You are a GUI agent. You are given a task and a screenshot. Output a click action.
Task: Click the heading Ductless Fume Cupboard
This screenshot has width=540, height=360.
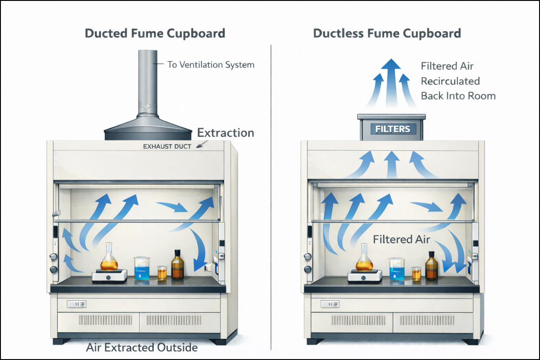387,33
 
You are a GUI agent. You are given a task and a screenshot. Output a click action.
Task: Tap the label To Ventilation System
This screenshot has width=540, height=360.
211,64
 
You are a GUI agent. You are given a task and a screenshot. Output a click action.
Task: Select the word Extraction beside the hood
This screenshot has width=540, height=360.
225,133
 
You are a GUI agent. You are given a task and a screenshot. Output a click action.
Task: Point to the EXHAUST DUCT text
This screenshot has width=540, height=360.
167,146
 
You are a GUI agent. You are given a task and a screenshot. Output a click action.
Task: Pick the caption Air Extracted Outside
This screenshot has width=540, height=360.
141,347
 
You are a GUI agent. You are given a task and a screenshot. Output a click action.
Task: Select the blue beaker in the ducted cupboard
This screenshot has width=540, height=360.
142,269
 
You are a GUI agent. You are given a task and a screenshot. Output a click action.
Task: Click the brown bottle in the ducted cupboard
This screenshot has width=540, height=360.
178,265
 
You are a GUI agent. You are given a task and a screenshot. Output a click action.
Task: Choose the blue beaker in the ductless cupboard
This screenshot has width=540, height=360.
397,270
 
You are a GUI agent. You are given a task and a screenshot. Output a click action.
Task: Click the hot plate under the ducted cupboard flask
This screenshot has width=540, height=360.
109,276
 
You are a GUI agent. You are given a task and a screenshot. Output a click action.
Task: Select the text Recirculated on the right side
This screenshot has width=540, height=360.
450,81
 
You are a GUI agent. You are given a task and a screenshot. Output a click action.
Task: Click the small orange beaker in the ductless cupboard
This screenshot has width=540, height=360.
417,274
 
